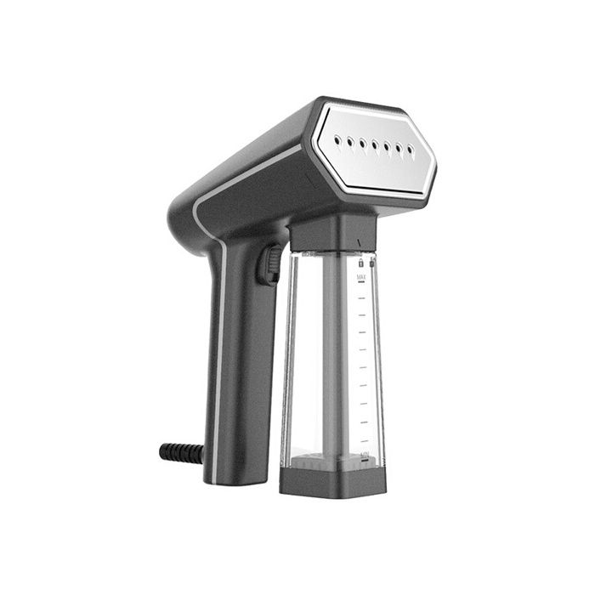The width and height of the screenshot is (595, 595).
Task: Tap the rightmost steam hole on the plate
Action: coord(411,150)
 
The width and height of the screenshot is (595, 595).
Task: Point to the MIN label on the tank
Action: coord(364,456)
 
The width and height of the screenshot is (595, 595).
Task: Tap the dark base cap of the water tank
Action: coord(332,480)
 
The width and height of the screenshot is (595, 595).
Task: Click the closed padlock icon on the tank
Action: coord(360,263)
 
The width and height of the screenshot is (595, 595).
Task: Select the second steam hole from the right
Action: coord(399,149)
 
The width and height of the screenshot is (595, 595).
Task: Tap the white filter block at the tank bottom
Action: coord(323,462)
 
